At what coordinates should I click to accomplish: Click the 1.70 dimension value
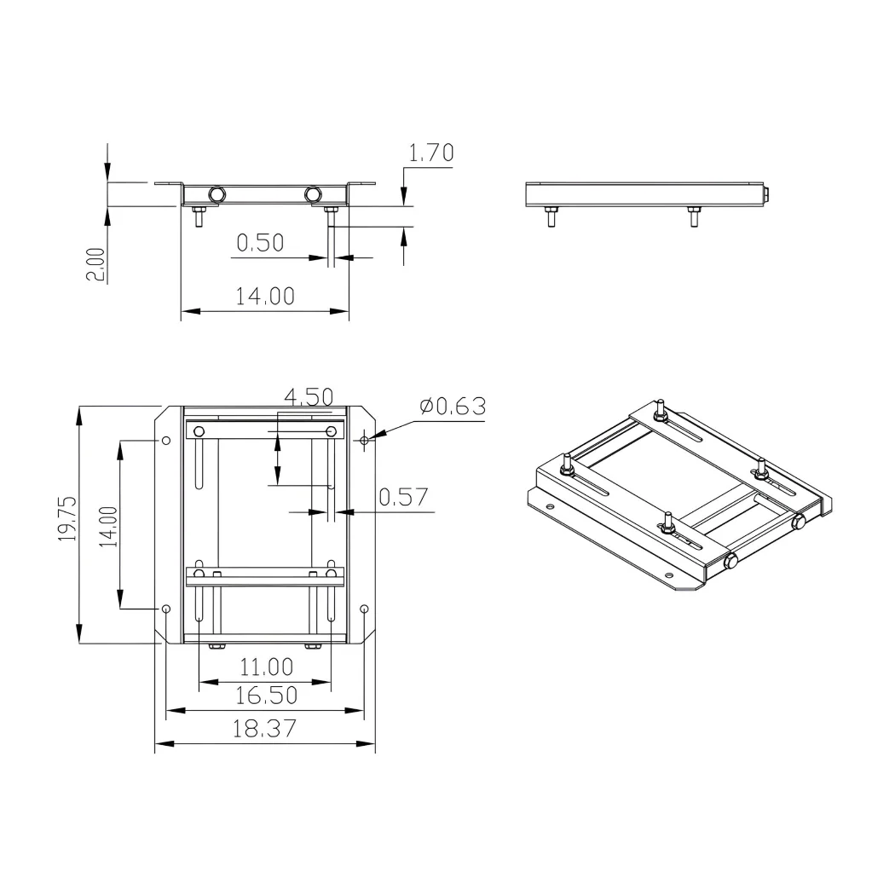(431, 153)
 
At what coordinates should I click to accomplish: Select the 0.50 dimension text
(260, 243)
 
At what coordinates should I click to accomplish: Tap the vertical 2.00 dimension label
(95, 264)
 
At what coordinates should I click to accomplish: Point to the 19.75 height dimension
(66, 518)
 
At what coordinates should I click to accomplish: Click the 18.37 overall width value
(264, 729)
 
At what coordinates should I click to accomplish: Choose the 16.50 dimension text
(266, 696)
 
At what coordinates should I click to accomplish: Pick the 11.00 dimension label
(266, 667)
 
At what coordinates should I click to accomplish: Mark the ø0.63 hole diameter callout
(453, 407)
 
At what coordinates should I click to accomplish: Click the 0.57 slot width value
(403, 497)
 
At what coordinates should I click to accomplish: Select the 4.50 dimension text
(309, 396)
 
